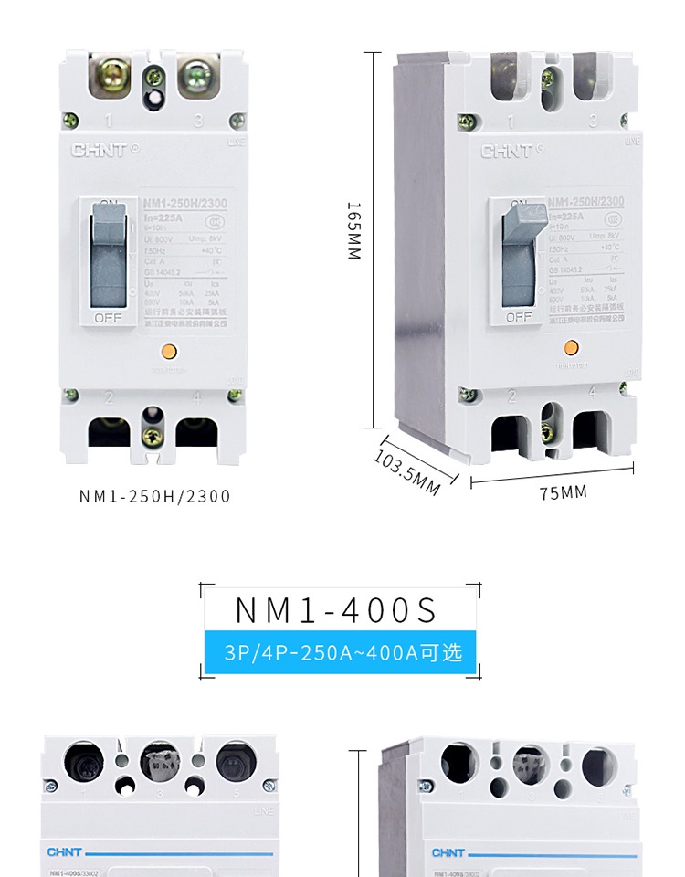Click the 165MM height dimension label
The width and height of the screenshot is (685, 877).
tap(354, 230)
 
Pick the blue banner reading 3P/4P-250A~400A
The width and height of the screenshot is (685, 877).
tap(340, 653)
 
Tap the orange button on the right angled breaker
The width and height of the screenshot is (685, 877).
tap(572, 347)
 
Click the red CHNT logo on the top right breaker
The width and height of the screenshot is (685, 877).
tap(505, 151)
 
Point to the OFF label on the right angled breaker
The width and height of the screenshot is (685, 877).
tap(518, 317)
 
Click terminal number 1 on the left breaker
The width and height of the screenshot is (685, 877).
tap(109, 120)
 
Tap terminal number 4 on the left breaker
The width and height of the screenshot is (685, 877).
tap(196, 397)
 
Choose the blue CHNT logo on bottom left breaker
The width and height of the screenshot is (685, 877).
tap(64, 853)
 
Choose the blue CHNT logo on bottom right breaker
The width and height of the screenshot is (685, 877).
tap(448, 853)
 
